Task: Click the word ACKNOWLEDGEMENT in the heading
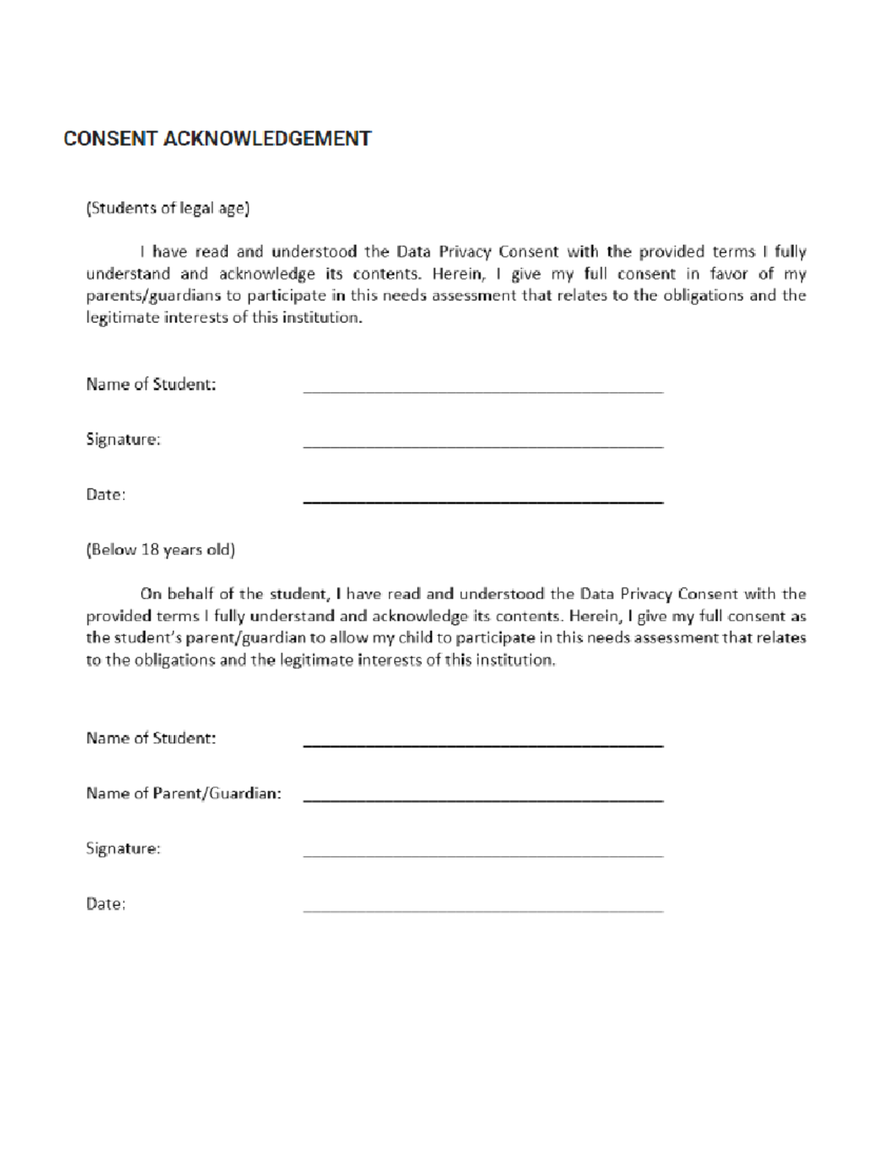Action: pyautogui.click(x=267, y=139)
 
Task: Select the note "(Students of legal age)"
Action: pyautogui.click(x=167, y=208)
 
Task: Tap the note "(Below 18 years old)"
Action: pyautogui.click(x=161, y=550)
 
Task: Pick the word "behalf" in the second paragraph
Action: pyautogui.click(x=190, y=595)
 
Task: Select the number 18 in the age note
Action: pyautogui.click(x=149, y=550)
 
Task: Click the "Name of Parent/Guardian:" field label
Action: pyautogui.click(x=184, y=794)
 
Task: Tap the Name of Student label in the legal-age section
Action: pyautogui.click(x=151, y=385)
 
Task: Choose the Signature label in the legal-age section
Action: pyautogui.click(x=123, y=440)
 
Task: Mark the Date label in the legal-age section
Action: pyautogui.click(x=105, y=495)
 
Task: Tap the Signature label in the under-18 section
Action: pyautogui.click(x=123, y=849)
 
